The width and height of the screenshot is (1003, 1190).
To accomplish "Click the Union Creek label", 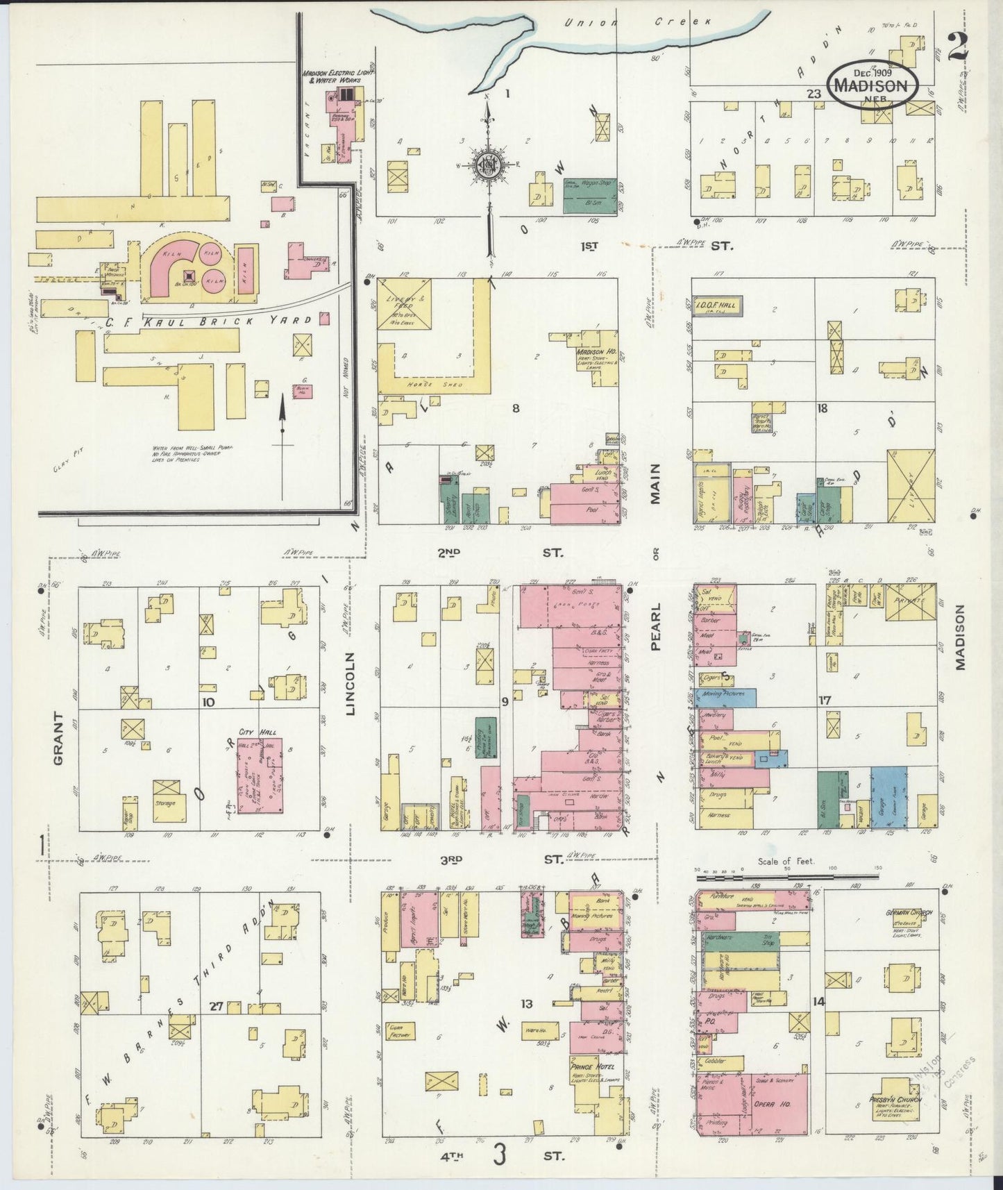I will click(639, 22).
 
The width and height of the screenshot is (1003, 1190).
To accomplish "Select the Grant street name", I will click(58, 739).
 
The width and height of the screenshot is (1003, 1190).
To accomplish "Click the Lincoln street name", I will click(350, 683).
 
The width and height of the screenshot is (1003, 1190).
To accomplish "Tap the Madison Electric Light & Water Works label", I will click(338, 76).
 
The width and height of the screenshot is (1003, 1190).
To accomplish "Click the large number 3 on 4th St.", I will click(499, 1156).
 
